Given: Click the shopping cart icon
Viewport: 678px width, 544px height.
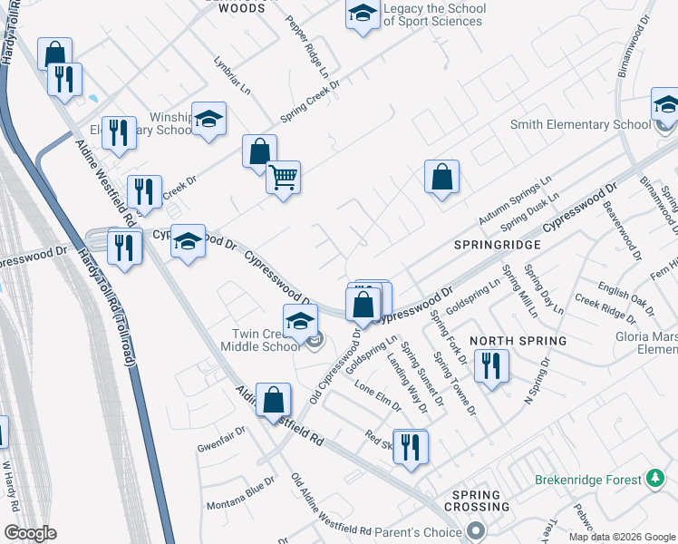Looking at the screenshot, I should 284,177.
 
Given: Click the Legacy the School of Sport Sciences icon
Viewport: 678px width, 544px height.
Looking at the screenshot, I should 363,15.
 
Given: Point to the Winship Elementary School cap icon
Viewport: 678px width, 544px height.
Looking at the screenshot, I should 209,119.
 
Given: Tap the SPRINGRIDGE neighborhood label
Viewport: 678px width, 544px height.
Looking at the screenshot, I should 499,245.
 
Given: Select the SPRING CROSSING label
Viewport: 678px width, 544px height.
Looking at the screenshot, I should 477,500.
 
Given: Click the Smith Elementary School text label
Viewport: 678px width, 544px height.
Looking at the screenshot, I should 580,125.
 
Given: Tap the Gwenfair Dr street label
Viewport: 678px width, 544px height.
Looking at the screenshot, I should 221,440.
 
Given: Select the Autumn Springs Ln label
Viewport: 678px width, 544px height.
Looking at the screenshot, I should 514,200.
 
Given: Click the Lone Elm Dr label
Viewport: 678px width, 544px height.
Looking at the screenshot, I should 377,396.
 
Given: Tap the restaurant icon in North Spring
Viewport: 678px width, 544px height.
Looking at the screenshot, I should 492,365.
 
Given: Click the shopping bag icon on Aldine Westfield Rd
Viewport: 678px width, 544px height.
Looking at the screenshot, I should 273,400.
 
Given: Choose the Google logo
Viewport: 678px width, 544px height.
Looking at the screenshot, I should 30,534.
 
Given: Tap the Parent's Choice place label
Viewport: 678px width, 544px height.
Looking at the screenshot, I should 419,531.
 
